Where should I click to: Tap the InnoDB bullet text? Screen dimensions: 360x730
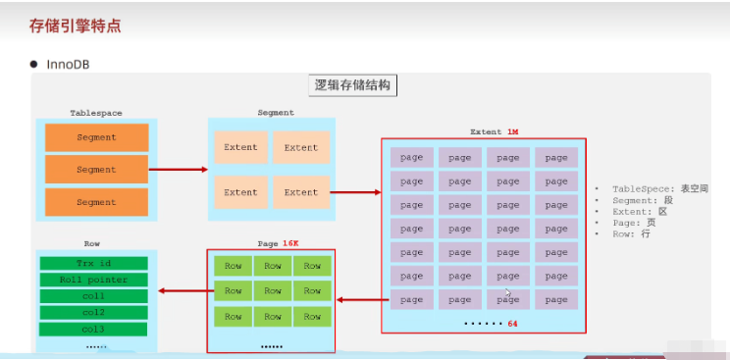(x=69, y=65)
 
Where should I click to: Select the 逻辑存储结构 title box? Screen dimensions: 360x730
(x=352, y=85)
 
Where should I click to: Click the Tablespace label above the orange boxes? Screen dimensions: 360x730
(x=96, y=113)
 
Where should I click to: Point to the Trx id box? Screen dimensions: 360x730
(x=94, y=264)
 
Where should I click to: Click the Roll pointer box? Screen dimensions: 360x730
(x=94, y=280)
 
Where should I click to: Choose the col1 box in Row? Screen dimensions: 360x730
(x=94, y=296)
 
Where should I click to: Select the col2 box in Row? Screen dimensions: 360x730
(x=94, y=313)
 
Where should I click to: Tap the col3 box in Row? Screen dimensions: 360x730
(x=94, y=329)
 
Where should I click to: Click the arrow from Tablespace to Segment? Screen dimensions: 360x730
(x=178, y=169)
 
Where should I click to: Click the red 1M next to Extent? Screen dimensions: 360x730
(x=512, y=131)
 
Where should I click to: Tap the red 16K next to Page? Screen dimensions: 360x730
(x=290, y=242)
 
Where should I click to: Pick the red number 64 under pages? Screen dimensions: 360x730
(x=512, y=323)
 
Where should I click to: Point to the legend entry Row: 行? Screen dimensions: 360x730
(x=632, y=234)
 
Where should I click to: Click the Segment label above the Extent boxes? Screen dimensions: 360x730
(x=275, y=113)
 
